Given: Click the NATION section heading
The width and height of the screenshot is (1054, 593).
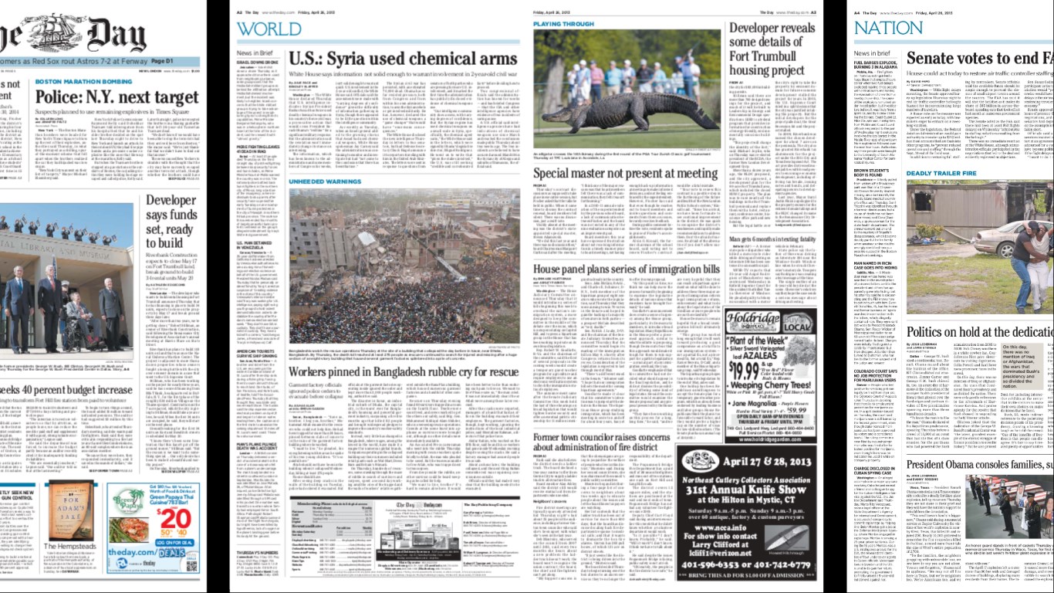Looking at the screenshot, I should [888, 29].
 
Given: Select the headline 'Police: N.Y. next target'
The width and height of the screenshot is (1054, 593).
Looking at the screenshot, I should [118, 97].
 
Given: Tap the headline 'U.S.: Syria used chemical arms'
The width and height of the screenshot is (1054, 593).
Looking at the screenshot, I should [402, 59].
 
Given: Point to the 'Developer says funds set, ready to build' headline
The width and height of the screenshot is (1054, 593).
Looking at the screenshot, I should [171, 222].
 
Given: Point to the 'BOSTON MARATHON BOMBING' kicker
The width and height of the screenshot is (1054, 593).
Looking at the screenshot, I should [84, 81].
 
